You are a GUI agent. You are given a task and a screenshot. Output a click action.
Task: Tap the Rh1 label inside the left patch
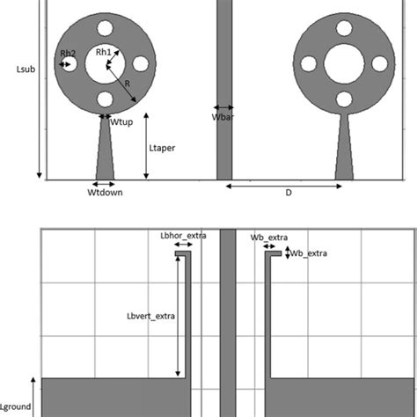point(103,53)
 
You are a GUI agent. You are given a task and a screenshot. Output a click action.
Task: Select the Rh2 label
point(68,55)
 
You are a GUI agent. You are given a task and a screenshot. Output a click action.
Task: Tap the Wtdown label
point(105,192)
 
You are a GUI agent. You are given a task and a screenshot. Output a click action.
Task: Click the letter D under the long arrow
point(287,193)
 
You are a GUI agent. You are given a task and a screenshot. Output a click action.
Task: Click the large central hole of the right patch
point(344,63)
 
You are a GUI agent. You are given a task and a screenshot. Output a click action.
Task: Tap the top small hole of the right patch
point(344,28)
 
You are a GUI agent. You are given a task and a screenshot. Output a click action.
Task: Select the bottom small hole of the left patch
point(106,99)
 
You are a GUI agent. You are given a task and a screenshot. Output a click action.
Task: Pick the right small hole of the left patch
point(141,63)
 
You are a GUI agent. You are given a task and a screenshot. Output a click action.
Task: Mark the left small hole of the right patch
point(309,63)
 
